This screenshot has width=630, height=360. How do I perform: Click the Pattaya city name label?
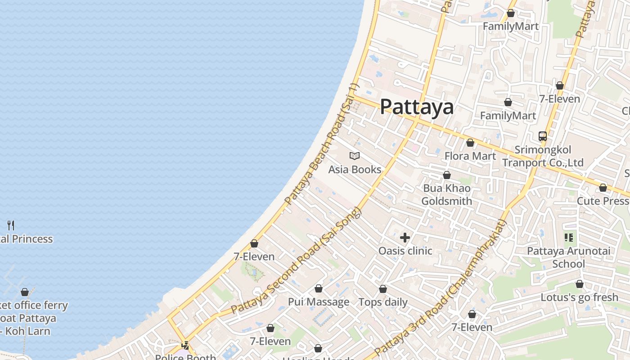click(x=417, y=107)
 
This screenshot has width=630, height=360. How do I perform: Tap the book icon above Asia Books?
click(x=355, y=156)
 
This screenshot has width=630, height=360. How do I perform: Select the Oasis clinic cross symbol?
click(x=405, y=238)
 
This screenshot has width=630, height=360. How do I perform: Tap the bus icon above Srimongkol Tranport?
click(x=543, y=136)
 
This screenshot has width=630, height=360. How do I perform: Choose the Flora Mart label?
click(x=470, y=156)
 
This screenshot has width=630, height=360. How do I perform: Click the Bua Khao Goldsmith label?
click(x=447, y=194)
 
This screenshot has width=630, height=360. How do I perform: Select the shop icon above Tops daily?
click(x=383, y=289)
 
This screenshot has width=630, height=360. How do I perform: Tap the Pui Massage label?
click(x=319, y=302)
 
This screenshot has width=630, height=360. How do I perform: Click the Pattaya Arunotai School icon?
click(x=569, y=238)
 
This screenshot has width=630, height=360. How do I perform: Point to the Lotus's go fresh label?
click(x=579, y=297)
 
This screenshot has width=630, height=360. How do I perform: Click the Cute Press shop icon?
click(x=603, y=188)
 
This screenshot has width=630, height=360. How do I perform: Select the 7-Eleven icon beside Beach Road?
click(x=254, y=243)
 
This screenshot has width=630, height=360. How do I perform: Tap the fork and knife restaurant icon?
click(x=11, y=225)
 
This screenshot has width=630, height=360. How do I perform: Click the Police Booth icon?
click(x=185, y=346)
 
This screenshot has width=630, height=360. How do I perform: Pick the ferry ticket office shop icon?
click(x=25, y=292)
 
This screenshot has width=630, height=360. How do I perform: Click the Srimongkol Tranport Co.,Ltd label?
click(x=543, y=156)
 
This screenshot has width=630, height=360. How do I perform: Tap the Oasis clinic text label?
click(x=405, y=251)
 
